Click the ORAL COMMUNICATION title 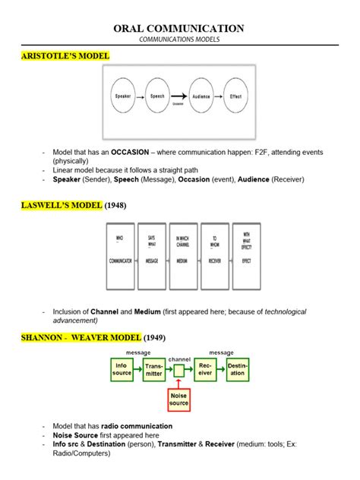179,28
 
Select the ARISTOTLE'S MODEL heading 66,56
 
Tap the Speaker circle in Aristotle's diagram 123,96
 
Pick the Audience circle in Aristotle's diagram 201,96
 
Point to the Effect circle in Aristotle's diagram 235,96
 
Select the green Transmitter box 155,370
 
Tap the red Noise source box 178,399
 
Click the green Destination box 238,370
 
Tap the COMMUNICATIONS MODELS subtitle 179,39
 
